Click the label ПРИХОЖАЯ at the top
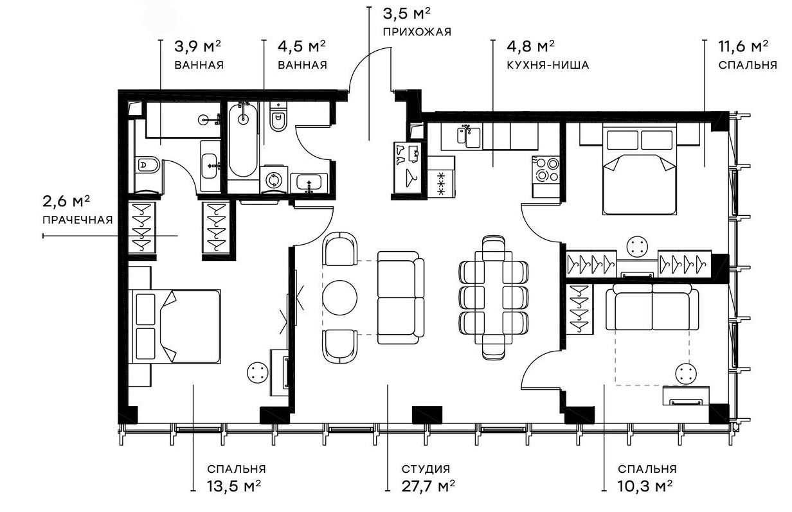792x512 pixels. click(x=417, y=32)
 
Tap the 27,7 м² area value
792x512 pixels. click(x=428, y=486)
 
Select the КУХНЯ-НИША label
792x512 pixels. click(x=548, y=65)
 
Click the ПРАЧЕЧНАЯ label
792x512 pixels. click(x=77, y=220)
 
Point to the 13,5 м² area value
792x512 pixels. click(x=234, y=486)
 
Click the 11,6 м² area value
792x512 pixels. click(x=743, y=46)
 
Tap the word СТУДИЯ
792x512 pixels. click(x=426, y=469)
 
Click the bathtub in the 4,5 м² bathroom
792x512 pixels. click(x=243, y=141)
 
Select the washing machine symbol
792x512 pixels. click(x=273, y=179)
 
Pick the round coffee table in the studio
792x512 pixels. click(x=340, y=297)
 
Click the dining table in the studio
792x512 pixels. click(x=494, y=297)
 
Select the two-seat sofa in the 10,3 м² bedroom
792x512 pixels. click(x=652, y=306)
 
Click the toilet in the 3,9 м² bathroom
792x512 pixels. click(x=147, y=164)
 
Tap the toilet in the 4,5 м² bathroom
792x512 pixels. click(x=278, y=118)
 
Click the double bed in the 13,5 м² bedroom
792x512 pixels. click(x=175, y=327)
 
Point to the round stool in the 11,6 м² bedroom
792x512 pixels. click(x=637, y=247)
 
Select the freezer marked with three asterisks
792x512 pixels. click(x=441, y=182)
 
